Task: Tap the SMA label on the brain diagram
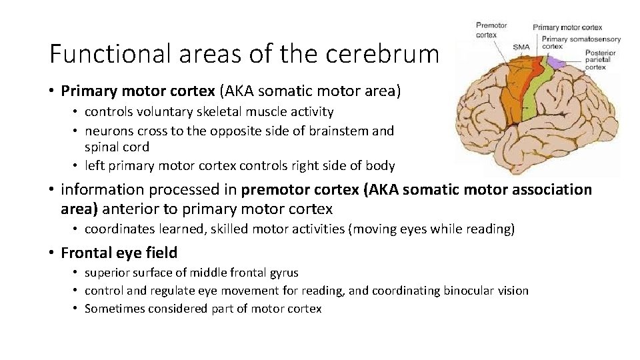tap(522, 47)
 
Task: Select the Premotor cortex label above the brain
tap(491, 30)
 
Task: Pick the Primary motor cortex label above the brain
tap(567, 27)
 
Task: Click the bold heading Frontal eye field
tap(119, 253)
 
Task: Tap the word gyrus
tap(282, 272)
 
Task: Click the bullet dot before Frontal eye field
tap(51, 253)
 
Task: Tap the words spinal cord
tap(117, 147)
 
